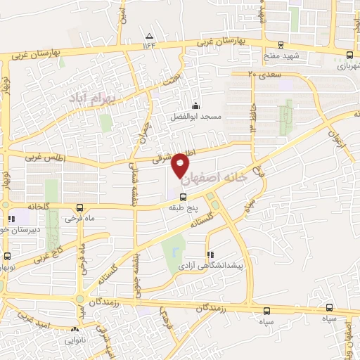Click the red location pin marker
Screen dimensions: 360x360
tap(181, 163)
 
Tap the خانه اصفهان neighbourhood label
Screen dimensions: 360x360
tap(214, 179)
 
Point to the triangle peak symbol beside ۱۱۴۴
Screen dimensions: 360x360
tap(149, 36)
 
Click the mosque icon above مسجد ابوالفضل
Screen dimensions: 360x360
tap(195, 105)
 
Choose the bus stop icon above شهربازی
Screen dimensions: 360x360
tap(349, 55)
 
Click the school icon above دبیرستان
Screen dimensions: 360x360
tap(12, 219)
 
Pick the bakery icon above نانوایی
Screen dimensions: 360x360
tap(75, 328)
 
